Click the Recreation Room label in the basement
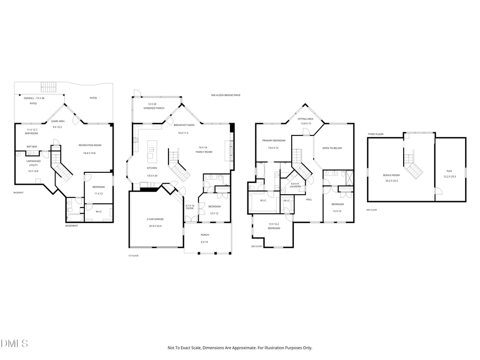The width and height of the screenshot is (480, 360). point(90,145)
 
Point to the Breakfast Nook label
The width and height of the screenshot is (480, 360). point(185,124)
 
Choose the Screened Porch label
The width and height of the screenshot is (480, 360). point(154,108)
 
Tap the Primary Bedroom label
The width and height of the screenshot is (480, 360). point(274,140)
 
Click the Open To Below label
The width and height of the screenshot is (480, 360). point(332,148)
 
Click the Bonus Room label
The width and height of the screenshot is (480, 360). point(391,175)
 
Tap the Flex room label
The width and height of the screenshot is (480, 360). point(449,171)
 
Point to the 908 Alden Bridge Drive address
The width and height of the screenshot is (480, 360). point(226,95)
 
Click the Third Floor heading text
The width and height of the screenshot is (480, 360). point(375,134)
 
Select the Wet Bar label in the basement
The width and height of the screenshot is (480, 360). point(31,147)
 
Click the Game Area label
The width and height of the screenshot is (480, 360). point(58,121)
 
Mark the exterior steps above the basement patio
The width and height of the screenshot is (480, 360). point(49,86)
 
